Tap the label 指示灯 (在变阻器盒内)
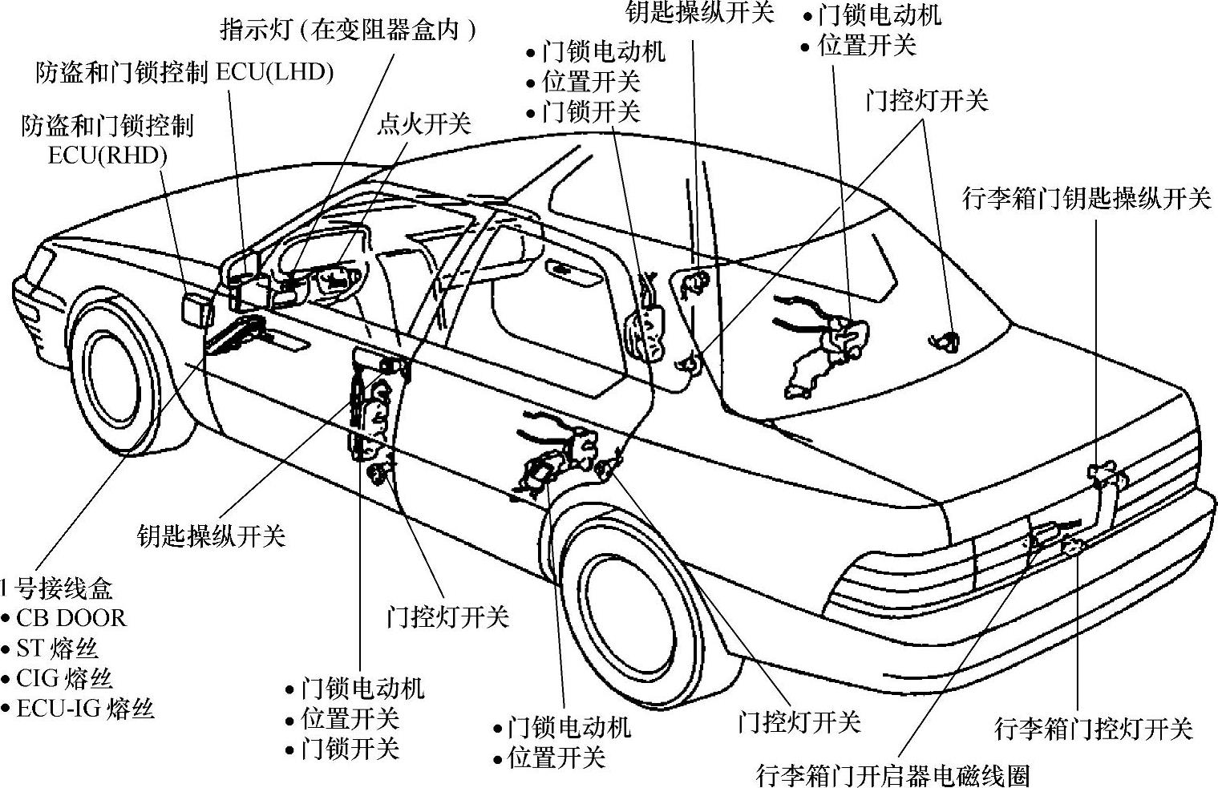pos(348,30)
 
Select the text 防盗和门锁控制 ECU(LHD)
pos(184,72)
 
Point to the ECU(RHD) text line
pos(107,155)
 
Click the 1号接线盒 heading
pos(56,588)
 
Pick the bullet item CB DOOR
pos(71,618)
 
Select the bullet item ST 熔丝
pos(57,648)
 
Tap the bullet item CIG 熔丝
pos(64,678)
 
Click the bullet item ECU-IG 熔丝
pos(85,709)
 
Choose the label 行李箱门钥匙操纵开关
pos(1086,198)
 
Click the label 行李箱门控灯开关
pos(1094,729)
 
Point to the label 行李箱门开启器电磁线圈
pos(892,775)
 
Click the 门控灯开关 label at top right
pos(926,101)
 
